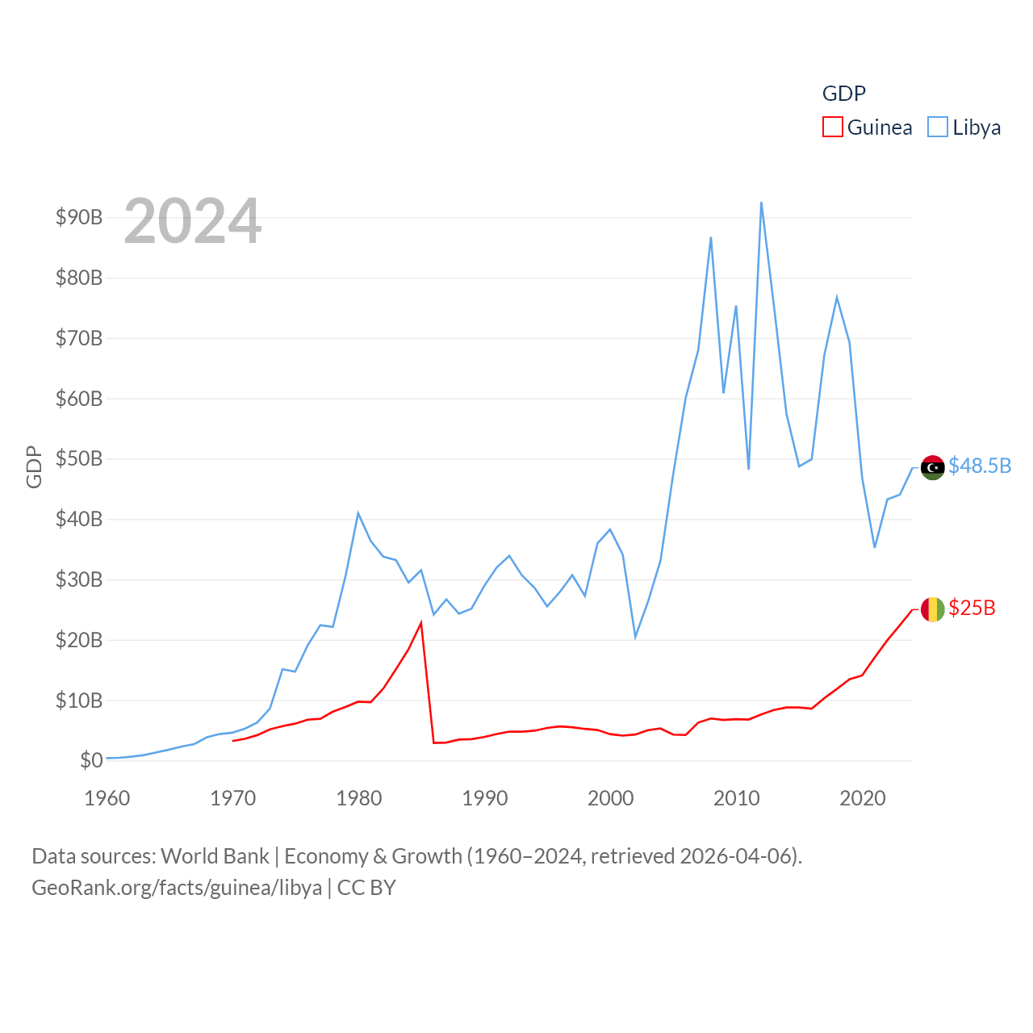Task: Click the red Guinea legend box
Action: (833, 128)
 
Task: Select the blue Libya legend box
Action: (937, 128)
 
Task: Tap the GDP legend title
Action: (843, 94)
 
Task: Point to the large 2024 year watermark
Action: (192, 220)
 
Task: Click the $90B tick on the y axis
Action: (79, 217)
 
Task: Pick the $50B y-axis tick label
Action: (79, 459)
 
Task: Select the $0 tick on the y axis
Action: (91, 760)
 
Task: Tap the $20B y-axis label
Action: (79, 640)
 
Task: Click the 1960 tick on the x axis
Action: (107, 798)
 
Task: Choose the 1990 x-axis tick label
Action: (485, 798)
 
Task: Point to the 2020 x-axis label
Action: (863, 798)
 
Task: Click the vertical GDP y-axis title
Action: (34, 466)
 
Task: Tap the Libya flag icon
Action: (932, 467)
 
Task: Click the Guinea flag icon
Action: (932, 609)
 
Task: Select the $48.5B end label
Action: (980, 466)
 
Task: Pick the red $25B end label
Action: (972, 609)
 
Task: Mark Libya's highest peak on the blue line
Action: (761, 203)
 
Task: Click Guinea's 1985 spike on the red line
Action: (421, 623)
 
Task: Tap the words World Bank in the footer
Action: (215, 856)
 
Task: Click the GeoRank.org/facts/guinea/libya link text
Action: (177, 888)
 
